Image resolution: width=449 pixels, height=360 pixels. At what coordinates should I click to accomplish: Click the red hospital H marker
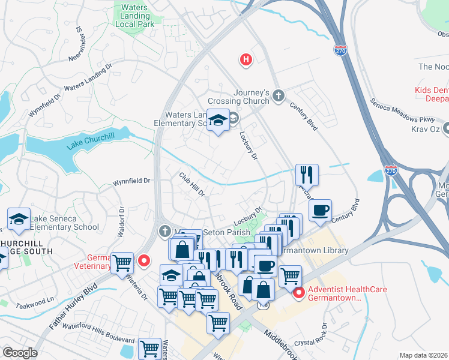point(246,59)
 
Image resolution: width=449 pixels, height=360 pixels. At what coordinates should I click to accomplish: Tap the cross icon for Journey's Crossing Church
point(278,95)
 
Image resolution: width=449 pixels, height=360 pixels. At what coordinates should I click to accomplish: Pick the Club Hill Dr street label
point(192,184)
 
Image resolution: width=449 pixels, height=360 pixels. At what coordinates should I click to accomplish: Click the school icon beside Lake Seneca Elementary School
point(19,219)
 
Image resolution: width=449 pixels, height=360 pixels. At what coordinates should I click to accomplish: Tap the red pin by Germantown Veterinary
point(143,260)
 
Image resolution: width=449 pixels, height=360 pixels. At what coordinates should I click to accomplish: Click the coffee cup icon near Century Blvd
point(321,211)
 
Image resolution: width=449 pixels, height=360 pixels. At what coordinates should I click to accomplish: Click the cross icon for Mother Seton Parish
point(165,232)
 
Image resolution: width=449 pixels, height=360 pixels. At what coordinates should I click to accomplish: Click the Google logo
point(20,353)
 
